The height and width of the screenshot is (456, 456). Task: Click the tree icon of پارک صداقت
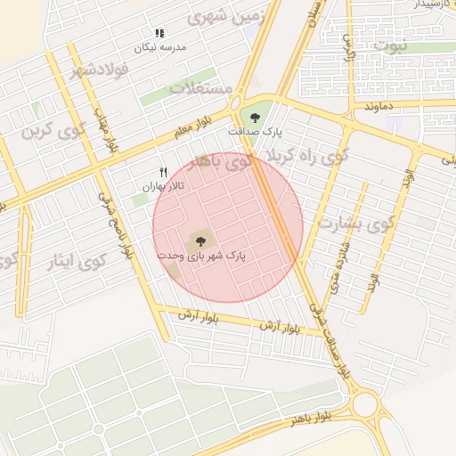click(x=256, y=116)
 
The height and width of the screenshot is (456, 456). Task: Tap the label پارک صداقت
click(x=255, y=131)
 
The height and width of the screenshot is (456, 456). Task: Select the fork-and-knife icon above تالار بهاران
click(x=163, y=172)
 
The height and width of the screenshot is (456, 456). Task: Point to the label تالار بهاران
click(x=163, y=187)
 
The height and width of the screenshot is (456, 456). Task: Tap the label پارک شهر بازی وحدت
click(x=201, y=256)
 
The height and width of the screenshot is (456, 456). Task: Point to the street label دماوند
click(x=379, y=107)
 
